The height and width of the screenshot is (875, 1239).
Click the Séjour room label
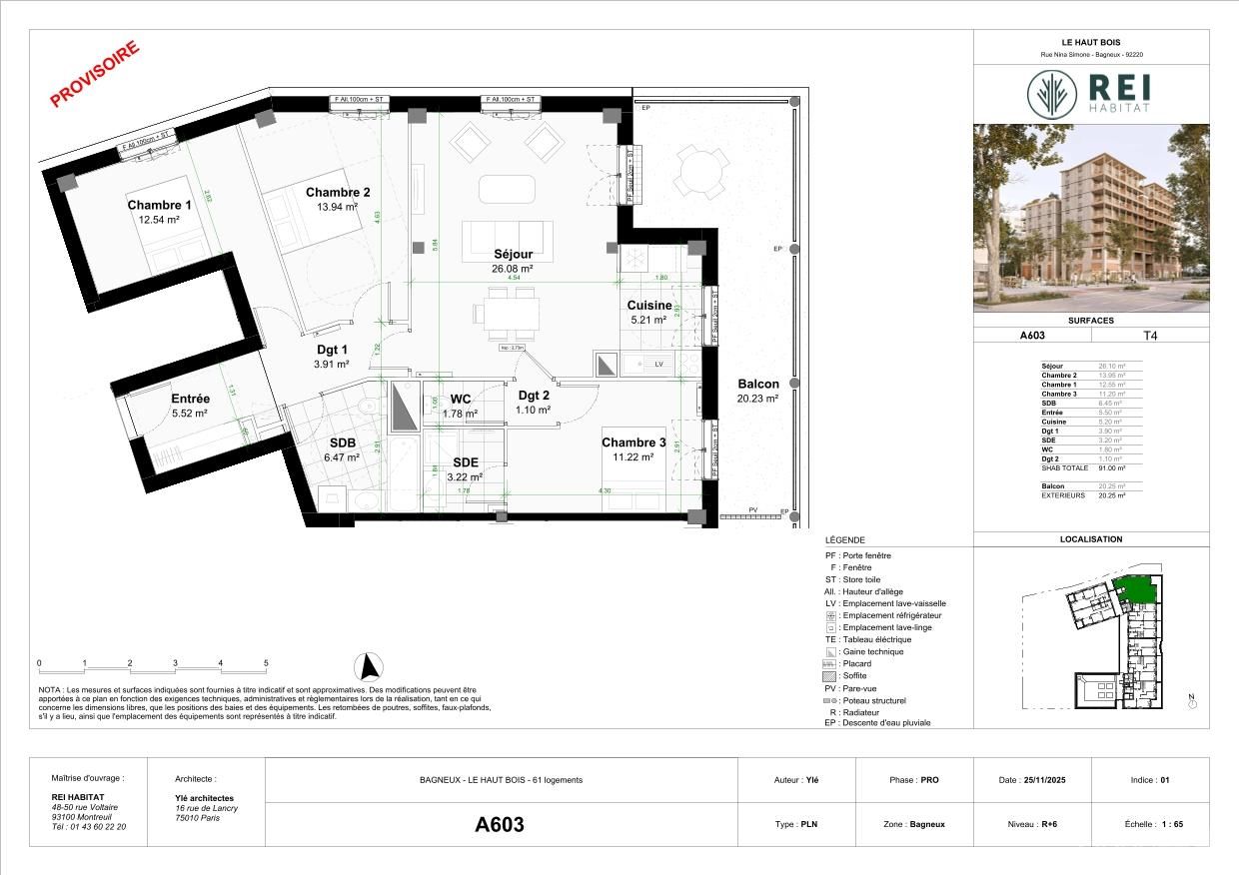[x=512, y=254]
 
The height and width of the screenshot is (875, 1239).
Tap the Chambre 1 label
[x=159, y=205]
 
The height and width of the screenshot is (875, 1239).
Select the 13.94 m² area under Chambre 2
[x=338, y=207]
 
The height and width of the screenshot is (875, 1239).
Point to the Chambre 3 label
[x=633, y=442]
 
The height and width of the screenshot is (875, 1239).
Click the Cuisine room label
[x=649, y=306]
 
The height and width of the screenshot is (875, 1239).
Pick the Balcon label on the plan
[x=758, y=384]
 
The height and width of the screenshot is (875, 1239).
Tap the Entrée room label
[x=189, y=399]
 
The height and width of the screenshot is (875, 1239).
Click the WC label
[x=460, y=400]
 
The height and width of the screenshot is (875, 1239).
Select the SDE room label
[x=467, y=462]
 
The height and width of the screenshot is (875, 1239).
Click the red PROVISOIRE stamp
[x=95, y=74]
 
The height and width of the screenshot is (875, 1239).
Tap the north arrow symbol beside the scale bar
[x=370, y=665]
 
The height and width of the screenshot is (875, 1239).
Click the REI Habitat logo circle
[x=1052, y=93]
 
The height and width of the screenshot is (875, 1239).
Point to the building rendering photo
[x=1091, y=218]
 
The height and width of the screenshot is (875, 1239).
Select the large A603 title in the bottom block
[x=499, y=825]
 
